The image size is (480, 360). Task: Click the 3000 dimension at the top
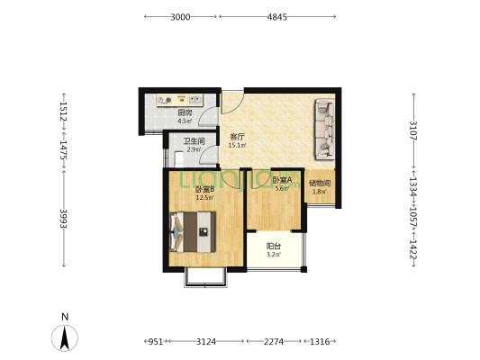tap(180, 17)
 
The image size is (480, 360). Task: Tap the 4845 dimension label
tap(277, 17)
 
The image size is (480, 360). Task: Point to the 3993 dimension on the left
tap(64, 219)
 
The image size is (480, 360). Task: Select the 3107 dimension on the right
tap(413, 130)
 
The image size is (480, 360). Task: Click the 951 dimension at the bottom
tap(156, 341)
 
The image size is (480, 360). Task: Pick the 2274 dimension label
tap(274, 341)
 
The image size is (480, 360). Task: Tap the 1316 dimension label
tap(320, 341)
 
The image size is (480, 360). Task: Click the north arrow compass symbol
tap(65, 337)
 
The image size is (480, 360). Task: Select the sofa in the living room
tap(324, 129)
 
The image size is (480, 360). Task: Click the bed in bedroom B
tap(192, 232)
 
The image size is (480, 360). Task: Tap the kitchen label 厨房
tap(185, 112)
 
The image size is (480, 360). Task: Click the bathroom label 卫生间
tap(195, 141)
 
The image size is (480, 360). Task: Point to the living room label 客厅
tap(237, 137)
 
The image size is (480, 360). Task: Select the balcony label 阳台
tap(274, 246)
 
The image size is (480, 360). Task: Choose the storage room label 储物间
tap(320, 184)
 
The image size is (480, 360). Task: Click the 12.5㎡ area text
tap(204, 198)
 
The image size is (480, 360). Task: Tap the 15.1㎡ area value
tap(237, 145)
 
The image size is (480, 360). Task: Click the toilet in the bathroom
tap(178, 158)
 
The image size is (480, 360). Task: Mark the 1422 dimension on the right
tap(413, 248)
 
